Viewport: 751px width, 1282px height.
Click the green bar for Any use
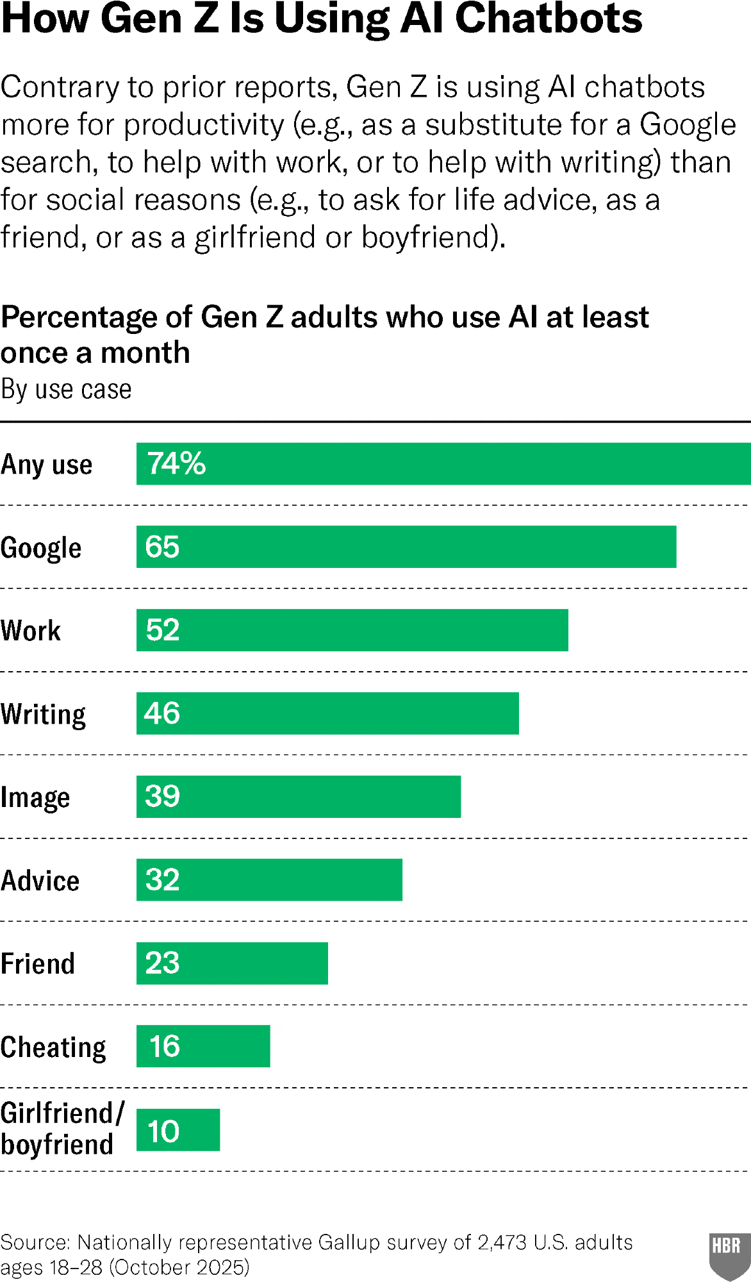pos(443,463)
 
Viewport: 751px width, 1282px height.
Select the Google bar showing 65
pos(406,547)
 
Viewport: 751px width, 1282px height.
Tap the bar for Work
pos(352,630)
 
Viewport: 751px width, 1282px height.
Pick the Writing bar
pos(327,713)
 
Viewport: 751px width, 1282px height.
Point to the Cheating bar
pos(203,1046)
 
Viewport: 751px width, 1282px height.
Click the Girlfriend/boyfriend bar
pos(178,1129)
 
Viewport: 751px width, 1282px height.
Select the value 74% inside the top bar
pos(177,463)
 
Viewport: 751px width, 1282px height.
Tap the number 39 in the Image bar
pos(162,796)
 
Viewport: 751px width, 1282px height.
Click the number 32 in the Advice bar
pos(162,879)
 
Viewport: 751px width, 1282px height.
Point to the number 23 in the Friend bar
pos(162,963)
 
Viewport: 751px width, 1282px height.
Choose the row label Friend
pos(38,963)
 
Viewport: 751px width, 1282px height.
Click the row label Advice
pos(40,881)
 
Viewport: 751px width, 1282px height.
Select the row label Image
pos(35,798)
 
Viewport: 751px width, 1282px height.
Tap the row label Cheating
pos(53,1047)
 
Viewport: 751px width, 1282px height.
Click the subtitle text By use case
pos(66,389)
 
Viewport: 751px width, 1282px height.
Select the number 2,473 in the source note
pos(502,1242)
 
